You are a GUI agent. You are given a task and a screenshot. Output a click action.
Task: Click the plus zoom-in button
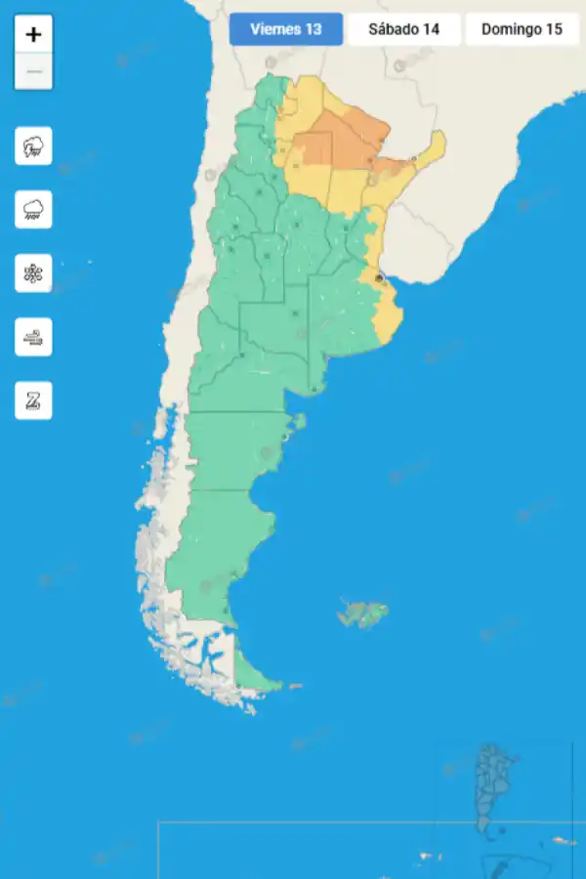[33, 34]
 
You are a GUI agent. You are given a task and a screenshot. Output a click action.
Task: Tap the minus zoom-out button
[33, 71]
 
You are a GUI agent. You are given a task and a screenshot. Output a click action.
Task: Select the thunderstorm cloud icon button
[33, 146]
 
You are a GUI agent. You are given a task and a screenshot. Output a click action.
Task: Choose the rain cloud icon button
[33, 209]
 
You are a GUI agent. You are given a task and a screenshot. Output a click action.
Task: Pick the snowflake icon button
[33, 272]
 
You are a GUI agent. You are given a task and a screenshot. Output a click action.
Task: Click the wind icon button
[33, 337]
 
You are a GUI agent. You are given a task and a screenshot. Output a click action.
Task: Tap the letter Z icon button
[33, 400]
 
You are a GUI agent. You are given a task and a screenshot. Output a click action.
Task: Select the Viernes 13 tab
[286, 29]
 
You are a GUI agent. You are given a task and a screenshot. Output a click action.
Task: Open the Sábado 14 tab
[403, 29]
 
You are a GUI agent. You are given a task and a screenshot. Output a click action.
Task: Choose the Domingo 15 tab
[522, 29]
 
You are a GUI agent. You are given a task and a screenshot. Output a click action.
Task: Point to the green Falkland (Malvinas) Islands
[363, 613]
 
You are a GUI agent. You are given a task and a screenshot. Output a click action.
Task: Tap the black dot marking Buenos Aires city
[380, 278]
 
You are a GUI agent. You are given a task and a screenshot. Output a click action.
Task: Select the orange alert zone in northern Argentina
[337, 142]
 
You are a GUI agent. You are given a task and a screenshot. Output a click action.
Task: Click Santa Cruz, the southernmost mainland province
[210, 547]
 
